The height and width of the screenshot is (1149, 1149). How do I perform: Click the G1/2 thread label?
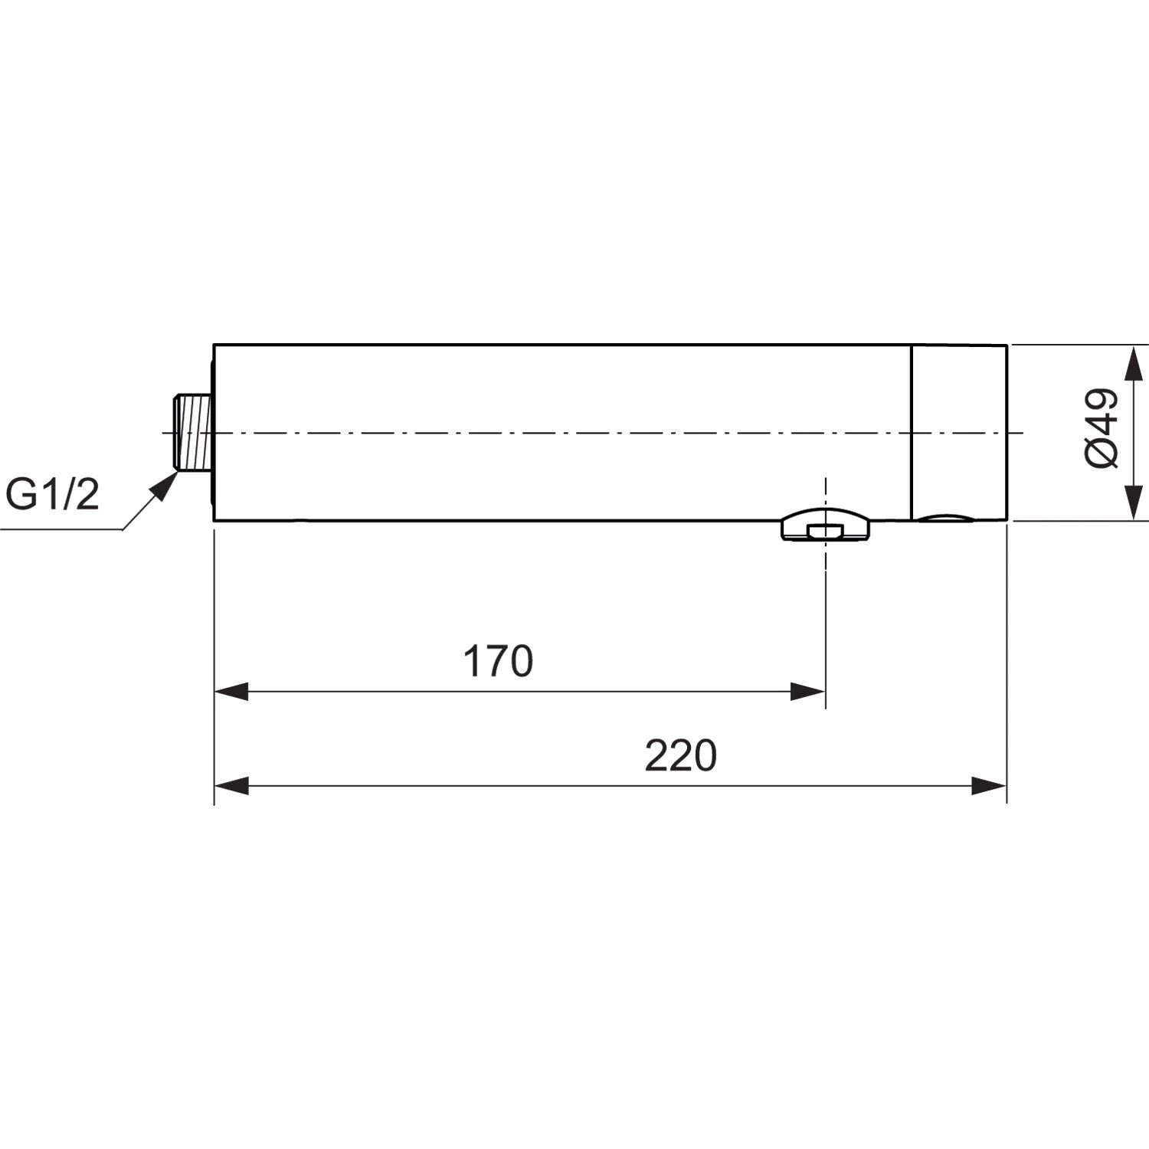52,495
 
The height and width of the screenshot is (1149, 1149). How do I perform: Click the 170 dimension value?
498,662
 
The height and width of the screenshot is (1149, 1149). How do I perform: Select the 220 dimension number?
680,756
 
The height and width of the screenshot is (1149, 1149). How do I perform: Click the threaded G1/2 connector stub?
192,433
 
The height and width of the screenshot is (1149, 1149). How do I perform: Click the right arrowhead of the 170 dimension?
808,692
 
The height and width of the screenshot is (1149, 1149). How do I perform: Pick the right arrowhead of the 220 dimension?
989,786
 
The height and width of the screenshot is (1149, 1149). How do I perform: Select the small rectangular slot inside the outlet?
825,531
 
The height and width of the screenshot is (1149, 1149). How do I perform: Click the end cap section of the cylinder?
959,432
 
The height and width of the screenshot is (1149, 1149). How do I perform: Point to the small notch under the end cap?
947,518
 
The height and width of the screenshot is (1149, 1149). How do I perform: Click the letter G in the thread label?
21,495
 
